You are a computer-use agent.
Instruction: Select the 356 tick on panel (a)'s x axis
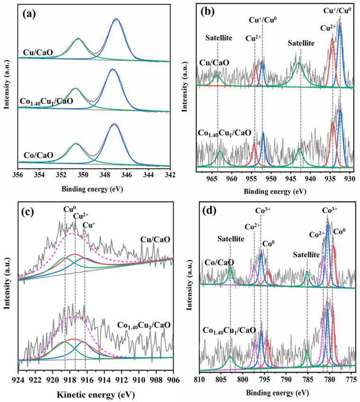pyautogui.click(x=18, y=176)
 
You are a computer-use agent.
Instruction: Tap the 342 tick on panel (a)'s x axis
pyautogui.click(x=170, y=176)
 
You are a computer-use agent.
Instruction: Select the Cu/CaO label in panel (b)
pyautogui.click(x=214, y=62)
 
